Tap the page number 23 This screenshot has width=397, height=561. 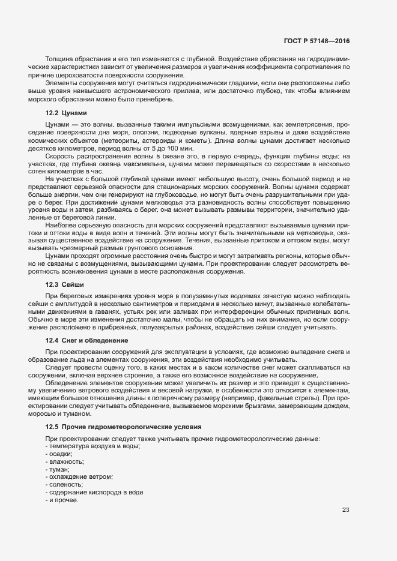[x=345, y=510]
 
